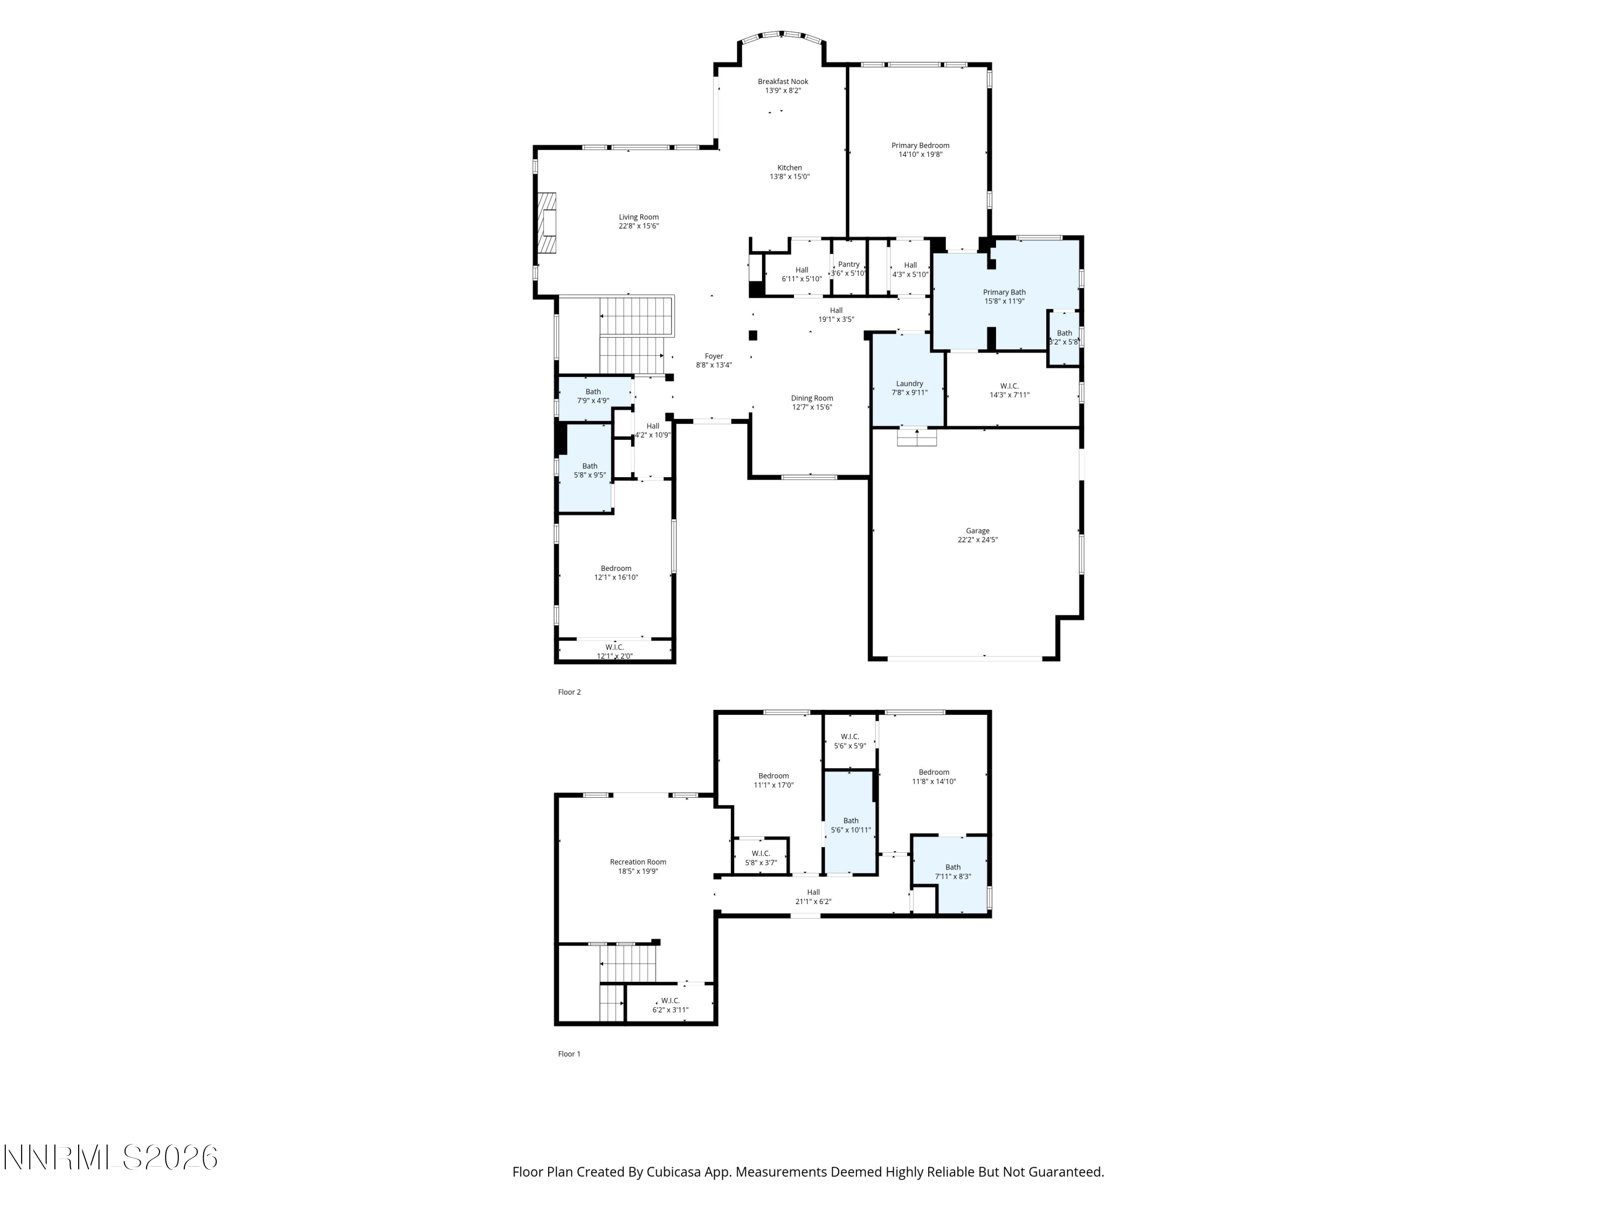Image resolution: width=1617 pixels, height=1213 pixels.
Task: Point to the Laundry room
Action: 909,388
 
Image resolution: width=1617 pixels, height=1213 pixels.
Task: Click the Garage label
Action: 977,531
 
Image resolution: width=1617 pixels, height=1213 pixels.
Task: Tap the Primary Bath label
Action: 1004,292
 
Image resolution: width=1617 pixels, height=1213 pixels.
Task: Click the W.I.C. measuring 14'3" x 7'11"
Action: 1009,390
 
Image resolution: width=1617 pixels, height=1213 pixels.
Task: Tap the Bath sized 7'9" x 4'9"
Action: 593,396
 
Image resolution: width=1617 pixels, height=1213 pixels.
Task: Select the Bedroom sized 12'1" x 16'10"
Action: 616,573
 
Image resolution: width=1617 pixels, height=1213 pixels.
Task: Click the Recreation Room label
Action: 638,862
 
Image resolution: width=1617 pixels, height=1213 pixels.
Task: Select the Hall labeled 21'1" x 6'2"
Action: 813,897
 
